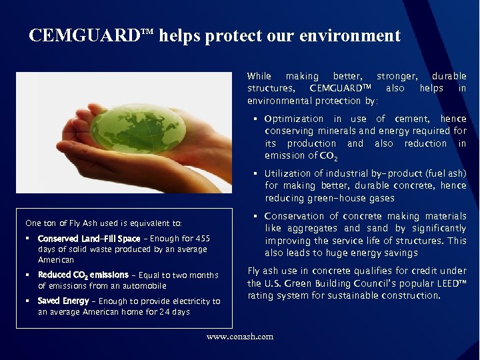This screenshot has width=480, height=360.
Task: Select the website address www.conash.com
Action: pyautogui.click(x=240, y=337)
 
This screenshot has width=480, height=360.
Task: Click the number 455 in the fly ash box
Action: pyautogui.click(x=203, y=239)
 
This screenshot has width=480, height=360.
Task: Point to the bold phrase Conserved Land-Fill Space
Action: pyautogui.click(x=89, y=239)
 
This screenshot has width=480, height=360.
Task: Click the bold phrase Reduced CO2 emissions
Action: pyautogui.click(x=83, y=275)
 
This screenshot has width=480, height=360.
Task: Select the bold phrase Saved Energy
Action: pyautogui.click(x=63, y=301)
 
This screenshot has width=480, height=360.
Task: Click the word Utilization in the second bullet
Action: pyautogui.click(x=289, y=173)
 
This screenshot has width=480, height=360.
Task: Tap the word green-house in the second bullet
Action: pyautogui.click(x=331, y=198)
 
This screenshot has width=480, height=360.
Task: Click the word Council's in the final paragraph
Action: pyautogui.click(x=363, y=283)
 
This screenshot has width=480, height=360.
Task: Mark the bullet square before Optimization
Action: pyautogui.click(x=255, y=119)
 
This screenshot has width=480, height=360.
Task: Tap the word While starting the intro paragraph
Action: pyautogui.click(x=259, y=76)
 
